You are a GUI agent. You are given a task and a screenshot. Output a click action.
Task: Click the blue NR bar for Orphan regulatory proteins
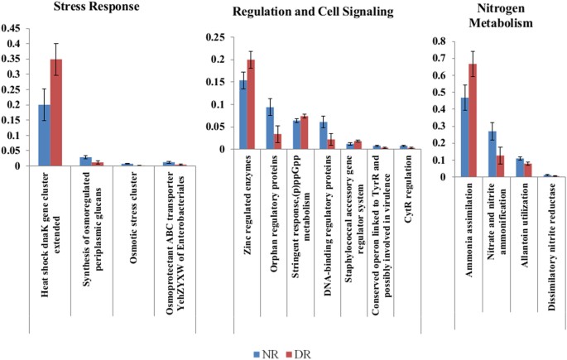pyautogui.click(x=269, y=128)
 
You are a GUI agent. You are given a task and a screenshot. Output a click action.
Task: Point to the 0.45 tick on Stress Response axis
pyautogui.click(x=12, y=28)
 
